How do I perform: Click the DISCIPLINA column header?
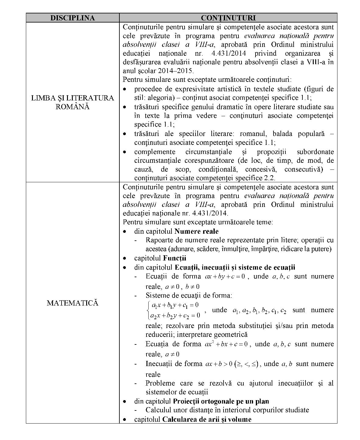click(x=72, y=18)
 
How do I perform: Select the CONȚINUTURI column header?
click(x=228, y=18)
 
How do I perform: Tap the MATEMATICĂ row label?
click(x=72, y=303)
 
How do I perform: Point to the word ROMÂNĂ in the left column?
click(x=72, y=107)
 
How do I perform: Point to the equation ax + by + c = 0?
click(x=225, y=277)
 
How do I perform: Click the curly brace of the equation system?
click(x=148, y=310)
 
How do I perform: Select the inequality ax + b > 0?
click(x=219, y=364)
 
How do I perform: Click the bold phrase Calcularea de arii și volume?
click(x=207, y=419)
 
